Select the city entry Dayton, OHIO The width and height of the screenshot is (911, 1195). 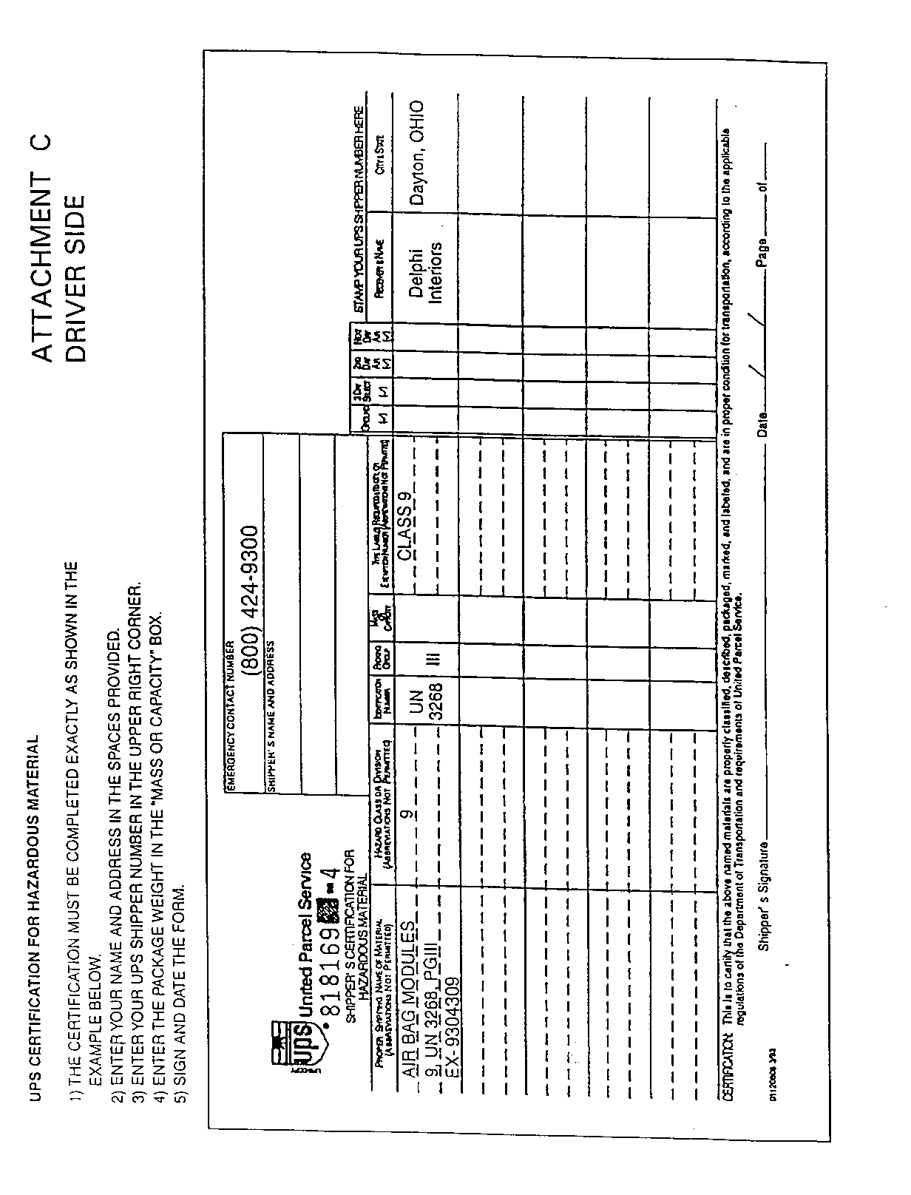point(418,152)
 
